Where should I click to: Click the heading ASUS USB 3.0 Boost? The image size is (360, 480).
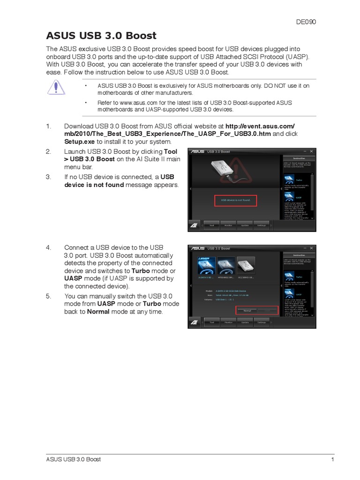101,36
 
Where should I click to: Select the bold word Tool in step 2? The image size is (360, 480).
170,152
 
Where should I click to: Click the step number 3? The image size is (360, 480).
48,177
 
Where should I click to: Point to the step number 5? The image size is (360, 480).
48,296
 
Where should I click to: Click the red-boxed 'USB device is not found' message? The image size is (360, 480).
236,200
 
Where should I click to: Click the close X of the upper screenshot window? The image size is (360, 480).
312,151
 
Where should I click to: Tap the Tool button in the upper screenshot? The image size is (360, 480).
211,225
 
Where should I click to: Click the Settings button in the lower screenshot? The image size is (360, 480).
261,322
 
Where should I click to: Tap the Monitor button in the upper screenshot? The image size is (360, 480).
228,225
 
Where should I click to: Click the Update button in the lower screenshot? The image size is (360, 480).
245,322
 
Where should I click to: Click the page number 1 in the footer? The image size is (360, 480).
332,459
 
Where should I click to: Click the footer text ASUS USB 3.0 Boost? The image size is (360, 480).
73,459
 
